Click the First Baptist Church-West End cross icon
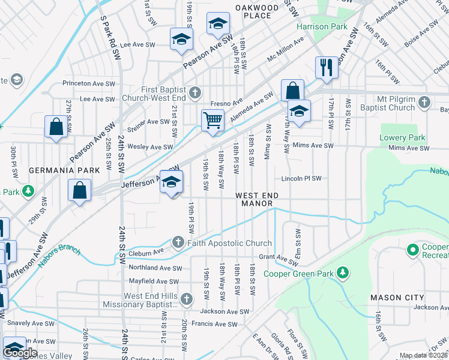coord(194,93)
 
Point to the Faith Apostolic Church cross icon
coord(178,243)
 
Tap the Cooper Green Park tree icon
coord(342,274)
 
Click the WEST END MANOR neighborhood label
coord(257,200)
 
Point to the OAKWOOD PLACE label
coord(257,11)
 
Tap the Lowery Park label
coord(402,137)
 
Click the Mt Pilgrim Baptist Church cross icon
coord(424,103)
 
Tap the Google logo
coord(20,353)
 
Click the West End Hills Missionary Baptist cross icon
coord(187,299)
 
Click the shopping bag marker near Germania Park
coord(79,190)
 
